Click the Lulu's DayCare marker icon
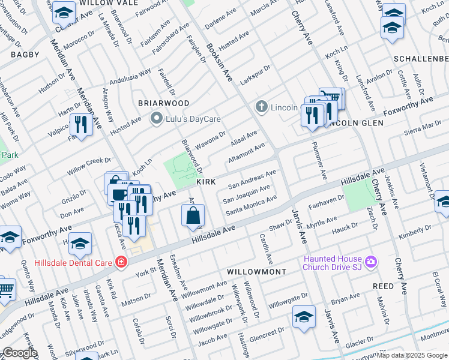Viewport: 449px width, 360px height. (157, 118)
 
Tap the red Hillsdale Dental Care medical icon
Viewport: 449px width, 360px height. (122, 262)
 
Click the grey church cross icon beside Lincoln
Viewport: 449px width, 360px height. (261, 107)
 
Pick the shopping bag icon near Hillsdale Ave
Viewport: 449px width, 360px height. (193, 216)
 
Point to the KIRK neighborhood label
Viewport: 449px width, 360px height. (205, 181)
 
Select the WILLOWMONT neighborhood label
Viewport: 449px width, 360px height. (256, 272)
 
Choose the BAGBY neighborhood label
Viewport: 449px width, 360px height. (25, 55)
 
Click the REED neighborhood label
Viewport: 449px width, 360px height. (382, 287)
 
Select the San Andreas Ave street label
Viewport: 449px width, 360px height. (252, 178)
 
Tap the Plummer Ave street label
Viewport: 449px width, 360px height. (318, 160)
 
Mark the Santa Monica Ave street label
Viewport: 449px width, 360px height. (251, 206)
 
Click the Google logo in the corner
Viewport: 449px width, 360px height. (20, 353)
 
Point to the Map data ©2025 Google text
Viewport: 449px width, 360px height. (412, 355)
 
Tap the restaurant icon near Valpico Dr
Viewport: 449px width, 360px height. (80, 125)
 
